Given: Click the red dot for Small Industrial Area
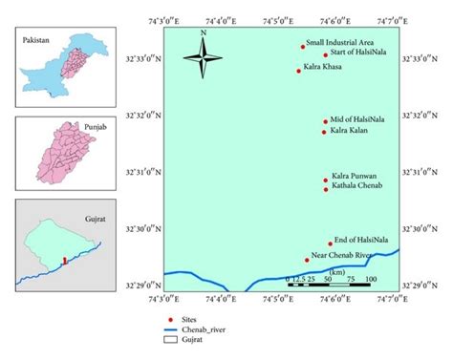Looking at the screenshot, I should point(300,45).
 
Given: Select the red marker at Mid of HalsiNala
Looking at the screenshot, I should point(325,121).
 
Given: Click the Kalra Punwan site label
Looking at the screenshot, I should point(355,177).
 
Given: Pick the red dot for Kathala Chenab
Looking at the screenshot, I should point(325,189).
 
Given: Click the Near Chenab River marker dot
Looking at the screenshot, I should point(307,259).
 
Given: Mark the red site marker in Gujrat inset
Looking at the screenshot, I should point(65,259).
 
